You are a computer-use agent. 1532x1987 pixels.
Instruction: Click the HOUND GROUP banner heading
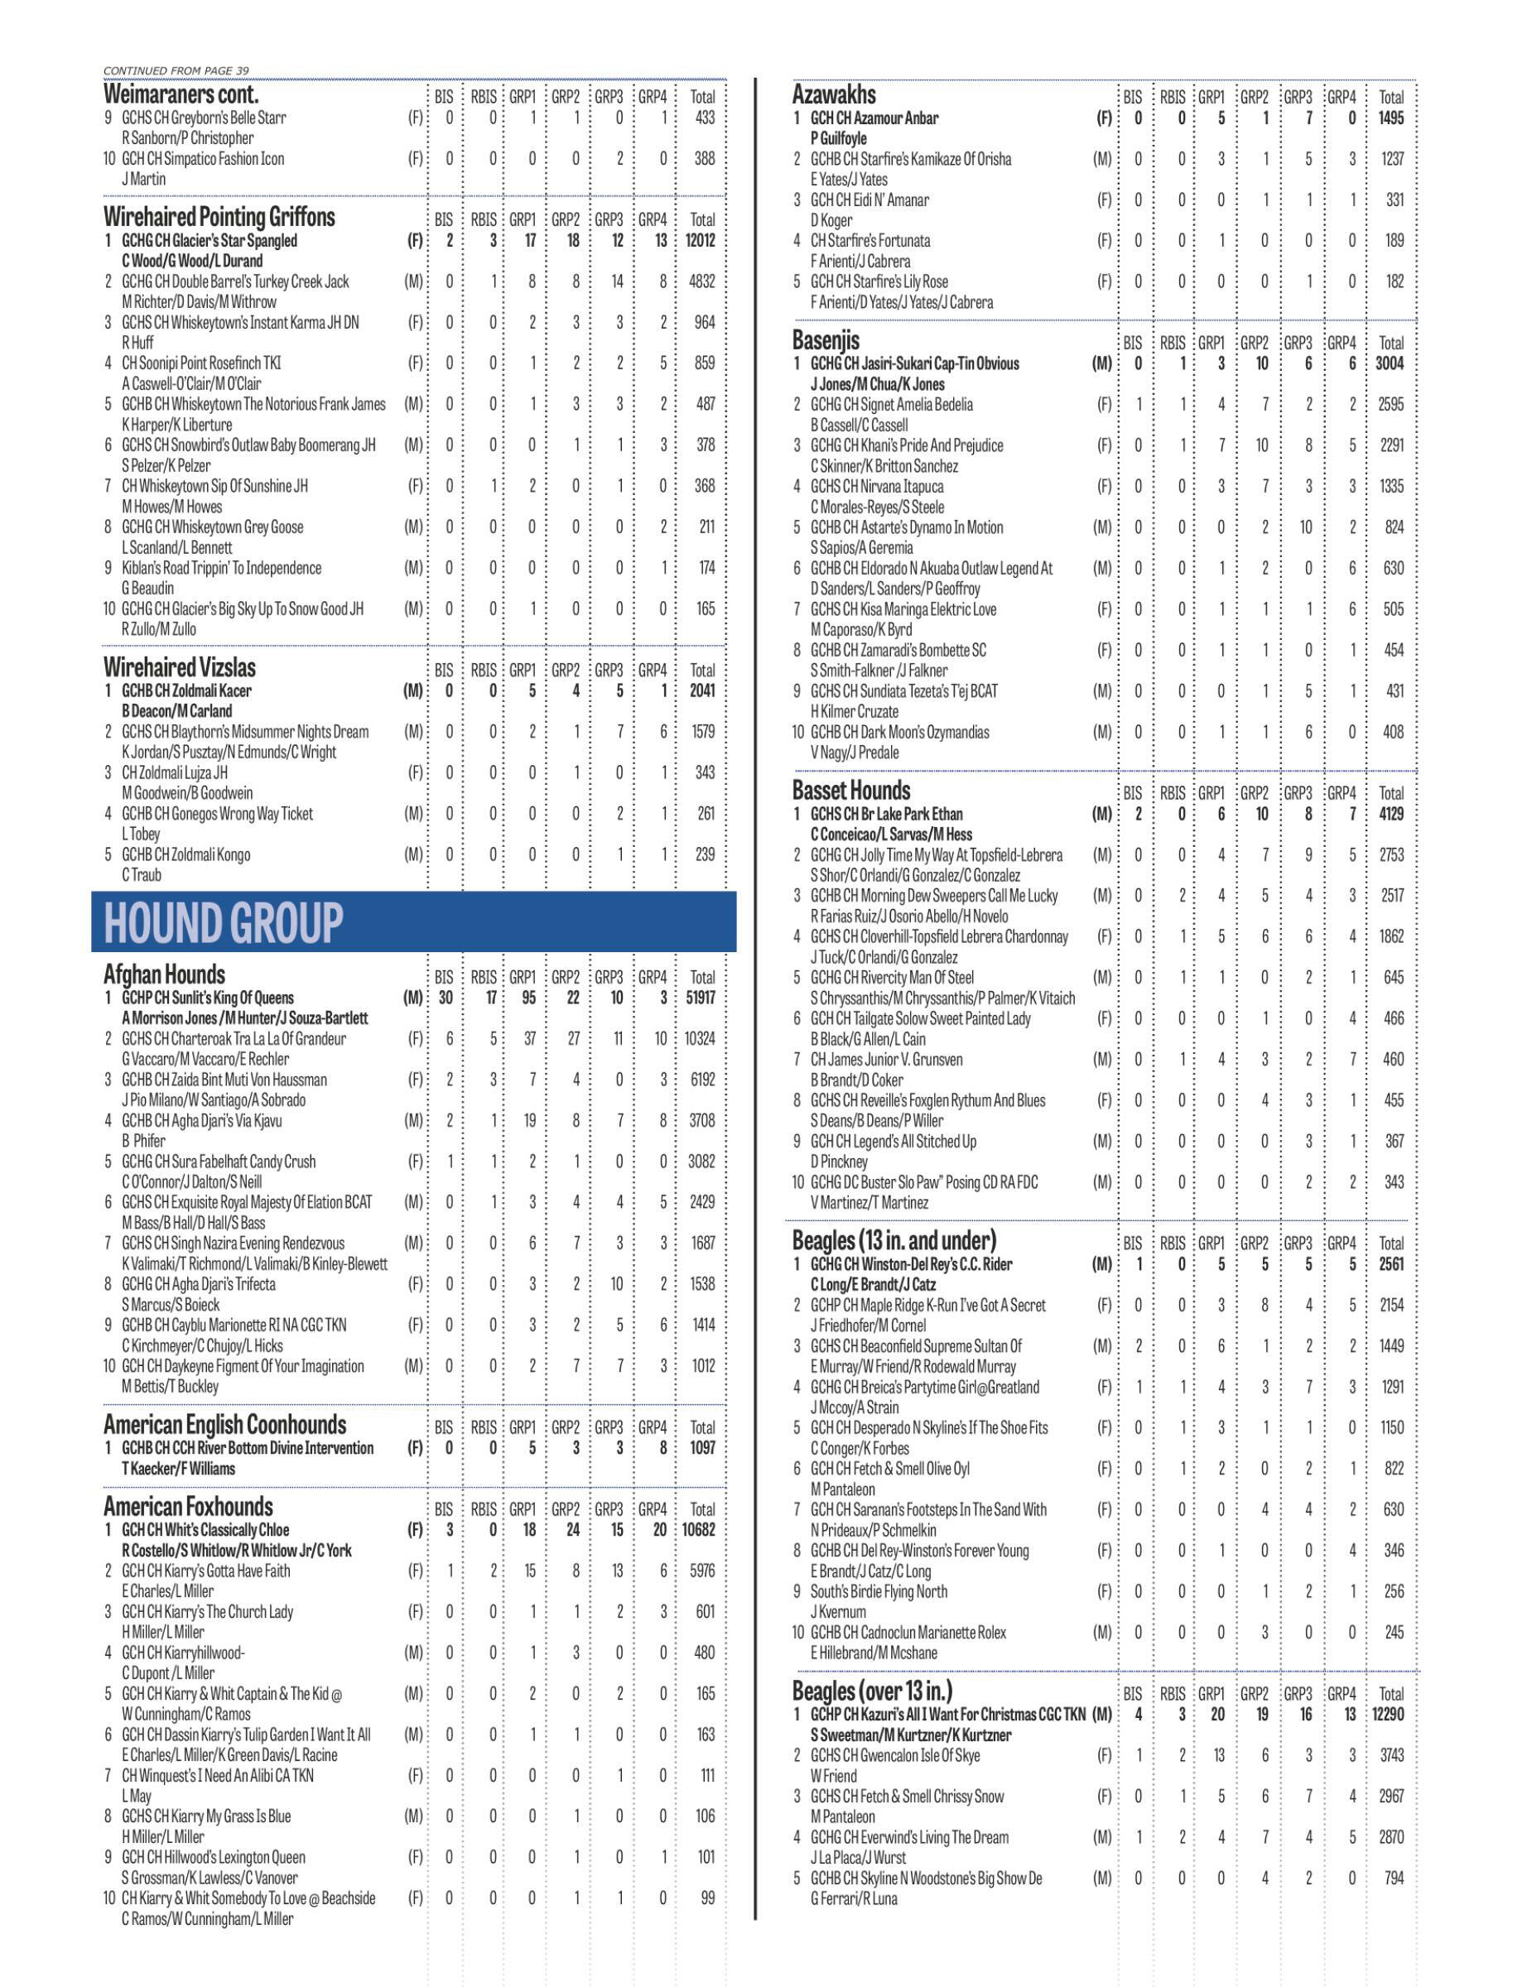point(224,921)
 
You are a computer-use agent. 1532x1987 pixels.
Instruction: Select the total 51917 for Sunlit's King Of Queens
point(700,997)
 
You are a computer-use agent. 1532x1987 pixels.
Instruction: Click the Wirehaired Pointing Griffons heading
point(219,218)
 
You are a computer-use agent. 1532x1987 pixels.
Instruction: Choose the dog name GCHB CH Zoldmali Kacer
point(186,690)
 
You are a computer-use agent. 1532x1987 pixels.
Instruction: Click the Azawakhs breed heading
point(834,94)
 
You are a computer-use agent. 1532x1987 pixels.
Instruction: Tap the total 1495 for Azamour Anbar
point(1391,118)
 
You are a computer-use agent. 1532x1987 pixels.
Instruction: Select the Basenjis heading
point(825,340)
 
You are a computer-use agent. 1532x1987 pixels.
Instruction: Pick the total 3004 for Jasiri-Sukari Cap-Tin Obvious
point(1390,363)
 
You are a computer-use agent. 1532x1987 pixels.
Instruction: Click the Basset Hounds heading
point(850,790)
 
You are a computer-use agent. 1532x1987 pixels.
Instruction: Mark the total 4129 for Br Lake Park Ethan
point(1390,813)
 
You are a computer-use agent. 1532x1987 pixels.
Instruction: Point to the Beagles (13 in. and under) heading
point(894,1239)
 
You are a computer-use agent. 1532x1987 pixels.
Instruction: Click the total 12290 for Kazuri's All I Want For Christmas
point(1388,1714)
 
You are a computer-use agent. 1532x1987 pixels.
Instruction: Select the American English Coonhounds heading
point(224,1424)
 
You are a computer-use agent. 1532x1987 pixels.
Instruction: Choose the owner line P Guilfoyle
point(838,138)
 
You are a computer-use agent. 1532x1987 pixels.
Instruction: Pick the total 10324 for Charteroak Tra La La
point(700,1038)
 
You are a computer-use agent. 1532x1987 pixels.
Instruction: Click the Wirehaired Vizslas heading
point(179,666)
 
